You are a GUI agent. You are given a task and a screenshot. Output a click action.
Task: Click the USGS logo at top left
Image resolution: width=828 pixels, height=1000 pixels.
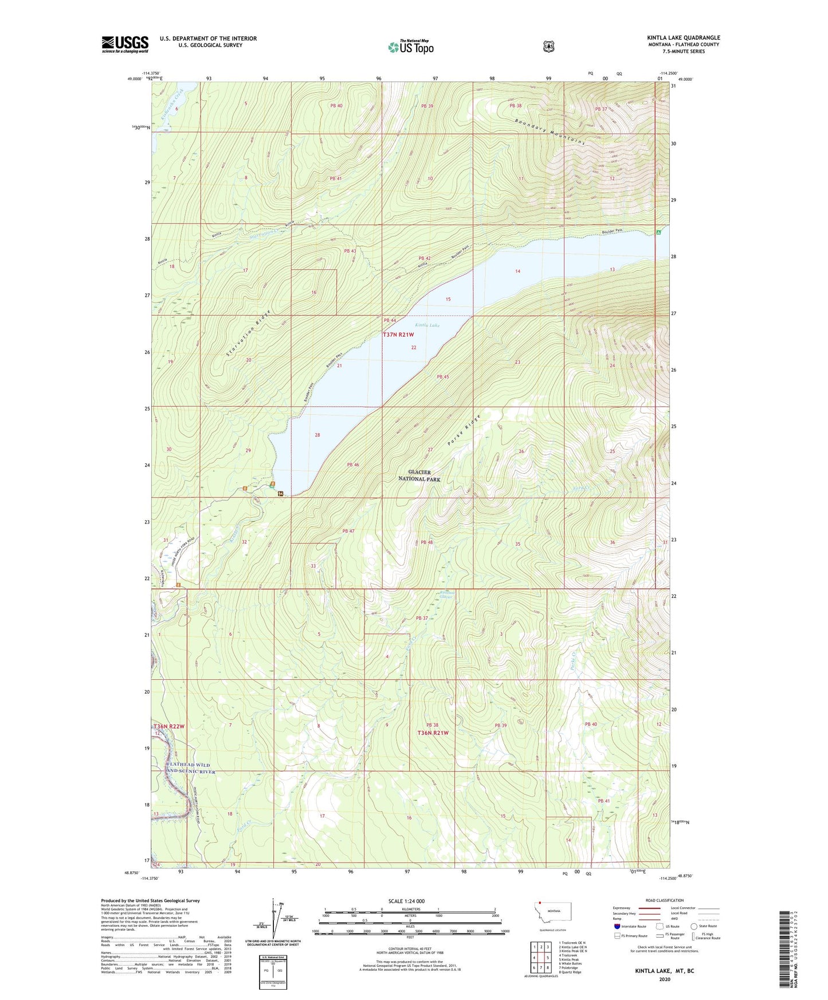pos(125,44)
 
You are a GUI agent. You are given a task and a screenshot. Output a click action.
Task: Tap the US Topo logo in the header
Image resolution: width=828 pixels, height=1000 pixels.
pos(410,47)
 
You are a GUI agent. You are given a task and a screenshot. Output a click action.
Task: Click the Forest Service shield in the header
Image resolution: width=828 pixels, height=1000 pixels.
pos(548,46)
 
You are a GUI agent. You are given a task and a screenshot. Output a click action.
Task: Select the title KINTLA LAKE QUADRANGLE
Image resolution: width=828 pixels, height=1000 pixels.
pos(684,38)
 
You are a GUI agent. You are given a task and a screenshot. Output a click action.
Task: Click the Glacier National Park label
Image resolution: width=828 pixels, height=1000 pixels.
pos(420,475)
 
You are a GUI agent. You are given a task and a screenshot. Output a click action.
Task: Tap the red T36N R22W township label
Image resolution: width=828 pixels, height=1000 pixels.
pos(169,726)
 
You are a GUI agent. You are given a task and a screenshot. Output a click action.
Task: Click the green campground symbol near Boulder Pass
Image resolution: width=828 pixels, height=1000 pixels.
pos(658,233)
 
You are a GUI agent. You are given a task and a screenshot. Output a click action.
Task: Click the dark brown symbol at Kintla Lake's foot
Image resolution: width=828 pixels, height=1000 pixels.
pos(280,494)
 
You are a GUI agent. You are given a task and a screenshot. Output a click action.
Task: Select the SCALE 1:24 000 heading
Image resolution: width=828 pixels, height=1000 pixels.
pos(406,901)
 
